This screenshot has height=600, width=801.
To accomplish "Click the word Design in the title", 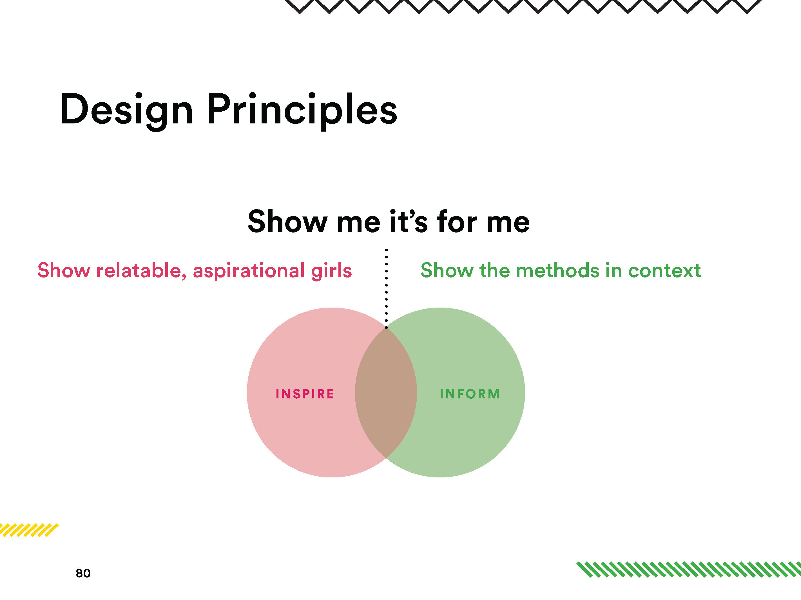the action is [126, 110].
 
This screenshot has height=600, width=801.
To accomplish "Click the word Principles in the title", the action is [302, 110].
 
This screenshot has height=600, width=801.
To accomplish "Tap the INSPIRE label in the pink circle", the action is [305, 394].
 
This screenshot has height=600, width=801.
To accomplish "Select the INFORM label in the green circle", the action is [470, 394].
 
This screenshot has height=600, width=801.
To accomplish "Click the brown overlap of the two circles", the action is [386, 393].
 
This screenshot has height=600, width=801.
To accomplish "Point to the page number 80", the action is [83, 573].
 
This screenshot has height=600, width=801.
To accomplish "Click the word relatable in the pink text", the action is [141, 271].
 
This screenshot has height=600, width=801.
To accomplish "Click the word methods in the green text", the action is [558, 271].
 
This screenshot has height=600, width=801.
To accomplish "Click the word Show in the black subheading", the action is [287, 221].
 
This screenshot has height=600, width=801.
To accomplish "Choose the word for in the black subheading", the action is [457, 221].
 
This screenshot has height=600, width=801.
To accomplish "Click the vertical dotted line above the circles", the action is [386, 288].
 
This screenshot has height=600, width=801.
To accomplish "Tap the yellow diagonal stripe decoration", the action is [29, 530].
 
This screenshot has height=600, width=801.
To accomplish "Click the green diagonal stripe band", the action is [688, 569].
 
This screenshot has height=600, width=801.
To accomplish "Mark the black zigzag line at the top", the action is [523, 6].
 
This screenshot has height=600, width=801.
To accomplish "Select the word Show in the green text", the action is [447, 271].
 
